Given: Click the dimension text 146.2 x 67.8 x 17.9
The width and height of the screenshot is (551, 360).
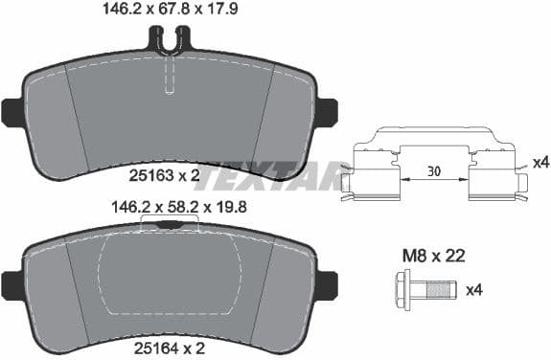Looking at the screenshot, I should (170, 11).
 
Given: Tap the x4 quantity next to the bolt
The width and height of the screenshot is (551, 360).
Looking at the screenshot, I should (473, 289).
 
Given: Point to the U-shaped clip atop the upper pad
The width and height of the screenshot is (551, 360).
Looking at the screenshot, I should (170, 40).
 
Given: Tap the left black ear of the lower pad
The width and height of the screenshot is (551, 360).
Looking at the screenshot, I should (12, 283).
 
